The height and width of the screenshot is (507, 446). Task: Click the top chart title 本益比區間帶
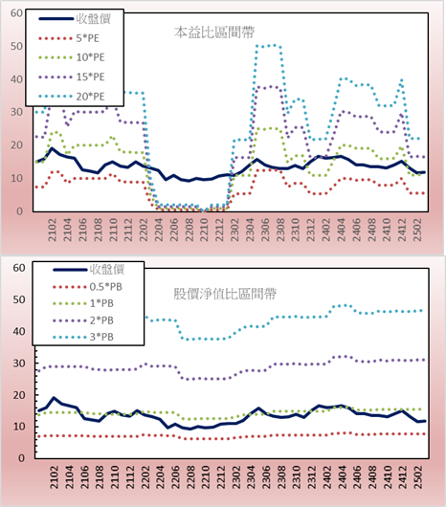tap(214, 33)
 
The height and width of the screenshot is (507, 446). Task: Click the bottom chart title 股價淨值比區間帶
tap(225, 294)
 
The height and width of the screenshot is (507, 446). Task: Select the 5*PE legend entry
tap(69, 38)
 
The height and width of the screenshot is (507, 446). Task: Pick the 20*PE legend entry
tap(72, 97)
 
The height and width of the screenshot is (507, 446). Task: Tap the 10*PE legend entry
tap(72, 57)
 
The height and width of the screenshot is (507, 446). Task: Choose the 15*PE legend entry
tap(72, 77)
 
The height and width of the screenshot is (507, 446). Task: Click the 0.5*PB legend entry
tap(87, 287)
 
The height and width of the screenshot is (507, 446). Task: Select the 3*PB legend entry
tap(83, 337)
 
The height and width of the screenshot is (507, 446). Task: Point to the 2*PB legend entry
tap(83, 320)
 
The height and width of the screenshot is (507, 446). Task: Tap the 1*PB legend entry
tap(83, 303)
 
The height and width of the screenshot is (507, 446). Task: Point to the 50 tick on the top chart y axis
tap(16, 46)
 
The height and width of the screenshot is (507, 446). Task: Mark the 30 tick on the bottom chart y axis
tap(19, 364)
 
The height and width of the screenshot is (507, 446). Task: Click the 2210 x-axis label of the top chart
tap(204, 230)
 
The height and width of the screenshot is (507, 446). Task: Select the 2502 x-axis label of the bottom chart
tap(419, 477)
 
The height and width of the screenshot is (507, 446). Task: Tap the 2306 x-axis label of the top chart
tap(265, 230)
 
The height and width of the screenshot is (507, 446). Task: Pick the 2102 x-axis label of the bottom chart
tap(54, 477)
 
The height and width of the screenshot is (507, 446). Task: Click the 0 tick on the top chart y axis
tap(20, 211)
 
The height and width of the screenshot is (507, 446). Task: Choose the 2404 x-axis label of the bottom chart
tap(342, 477)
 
